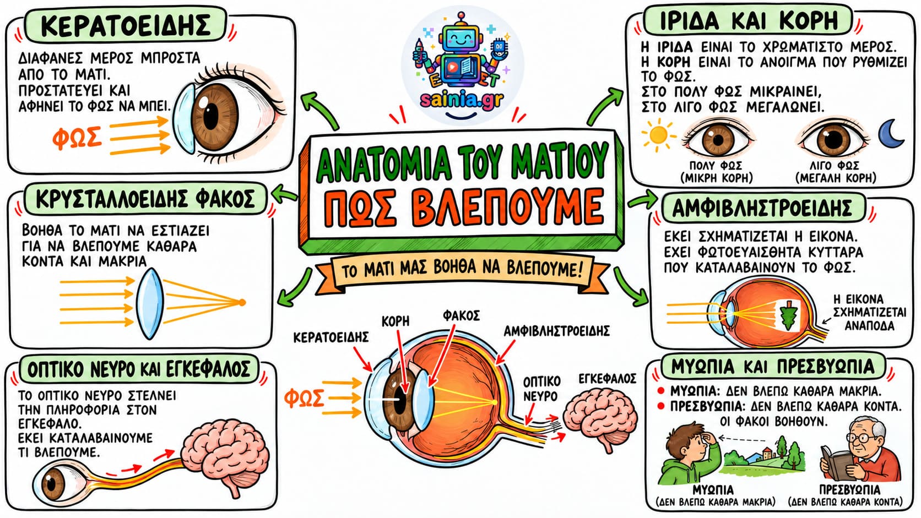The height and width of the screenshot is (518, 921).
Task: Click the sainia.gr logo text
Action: point(462,100)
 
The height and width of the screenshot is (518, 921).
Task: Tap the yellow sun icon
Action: point(658,134)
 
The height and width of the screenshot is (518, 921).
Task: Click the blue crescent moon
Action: point(891,135)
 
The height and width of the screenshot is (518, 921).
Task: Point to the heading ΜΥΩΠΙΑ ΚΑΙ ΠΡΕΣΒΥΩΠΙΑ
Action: point(772,367)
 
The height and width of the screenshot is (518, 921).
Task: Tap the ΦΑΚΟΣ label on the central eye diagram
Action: point(461,315)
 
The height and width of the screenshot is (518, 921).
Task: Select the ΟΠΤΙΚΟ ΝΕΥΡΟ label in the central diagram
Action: point(541,389)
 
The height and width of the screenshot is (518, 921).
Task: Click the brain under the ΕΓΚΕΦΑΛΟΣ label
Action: point(600,418)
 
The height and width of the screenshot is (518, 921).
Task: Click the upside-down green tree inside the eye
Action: point(789,315)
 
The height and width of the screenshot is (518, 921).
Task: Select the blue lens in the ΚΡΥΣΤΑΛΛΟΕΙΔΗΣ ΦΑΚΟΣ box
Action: point(150,304)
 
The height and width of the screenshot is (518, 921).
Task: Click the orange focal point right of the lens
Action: point(242,303)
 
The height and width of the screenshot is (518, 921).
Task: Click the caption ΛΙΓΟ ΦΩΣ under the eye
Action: point(835,166)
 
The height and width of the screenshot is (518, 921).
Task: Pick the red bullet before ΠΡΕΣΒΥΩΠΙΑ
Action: point(661,406)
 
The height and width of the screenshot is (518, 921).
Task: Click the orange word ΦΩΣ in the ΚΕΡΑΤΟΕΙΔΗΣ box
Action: point(77,138)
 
